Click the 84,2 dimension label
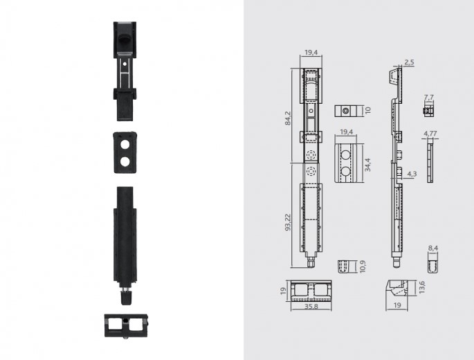pos(287,118)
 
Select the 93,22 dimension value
pos(287,223)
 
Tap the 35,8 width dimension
pos(311,307)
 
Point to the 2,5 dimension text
pos(410,62)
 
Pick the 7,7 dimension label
pos(429,98)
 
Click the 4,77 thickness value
pos(430,134)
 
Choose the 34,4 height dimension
pos(367,165)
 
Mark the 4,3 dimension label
pos(412,174)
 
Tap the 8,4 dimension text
pos(433,249)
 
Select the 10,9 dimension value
pos(363,267)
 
